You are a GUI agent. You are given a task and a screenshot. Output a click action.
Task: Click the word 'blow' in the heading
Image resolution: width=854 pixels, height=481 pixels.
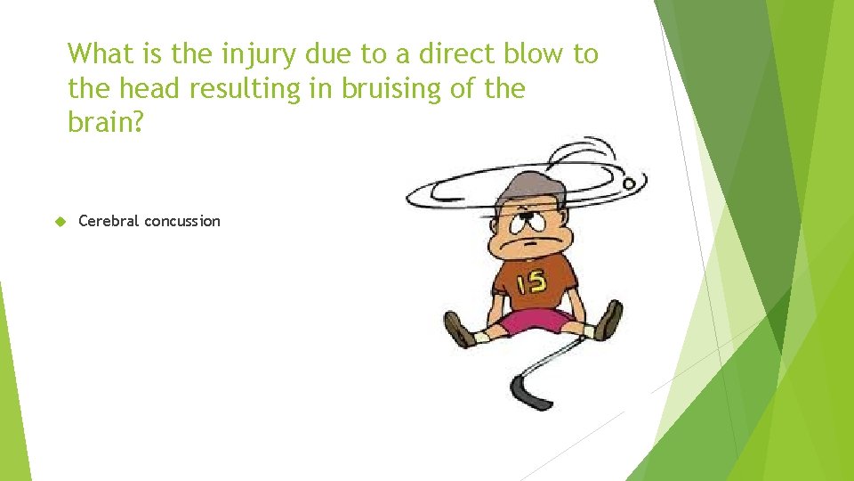pos(529,54)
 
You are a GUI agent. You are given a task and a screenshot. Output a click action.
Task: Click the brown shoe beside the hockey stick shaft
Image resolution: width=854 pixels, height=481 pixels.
pos(608,320)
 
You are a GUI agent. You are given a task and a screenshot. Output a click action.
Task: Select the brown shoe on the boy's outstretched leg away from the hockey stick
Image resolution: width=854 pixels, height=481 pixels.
pos(459,330)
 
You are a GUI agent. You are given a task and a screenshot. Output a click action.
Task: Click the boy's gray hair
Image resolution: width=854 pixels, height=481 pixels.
pos(525,187)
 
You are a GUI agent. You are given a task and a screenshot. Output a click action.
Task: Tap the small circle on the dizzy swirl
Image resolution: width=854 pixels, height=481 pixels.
pos(630,183)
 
